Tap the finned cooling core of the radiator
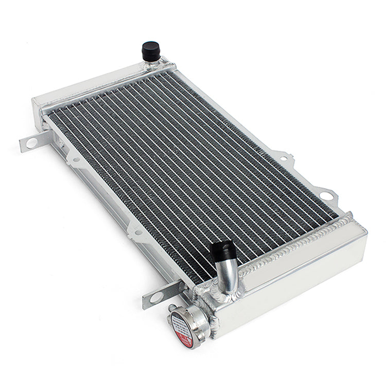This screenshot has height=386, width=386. (x=180, y=170)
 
